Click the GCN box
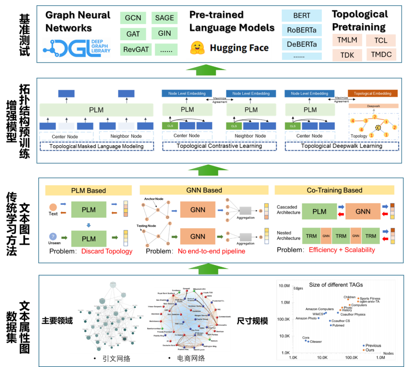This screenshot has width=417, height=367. [133, 18]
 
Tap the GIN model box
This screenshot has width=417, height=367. [164, 33]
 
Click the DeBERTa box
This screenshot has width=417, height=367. [301, 44]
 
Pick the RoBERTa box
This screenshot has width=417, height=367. [301, 30]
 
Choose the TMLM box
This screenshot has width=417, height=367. [347, 40]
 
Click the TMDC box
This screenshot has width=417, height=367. [381, 54]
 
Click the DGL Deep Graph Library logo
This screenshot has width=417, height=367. [76, 47]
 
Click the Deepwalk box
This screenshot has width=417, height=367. [373, 106]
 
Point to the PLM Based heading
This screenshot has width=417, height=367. [88, 190]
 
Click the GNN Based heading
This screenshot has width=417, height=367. [204, 190]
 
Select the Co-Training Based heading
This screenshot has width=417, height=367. [334, 190]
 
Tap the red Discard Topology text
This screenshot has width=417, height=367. [107, 251]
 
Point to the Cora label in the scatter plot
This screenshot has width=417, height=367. [305, 338]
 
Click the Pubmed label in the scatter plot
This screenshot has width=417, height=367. [338, 325]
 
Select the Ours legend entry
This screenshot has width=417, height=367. [370, 350]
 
